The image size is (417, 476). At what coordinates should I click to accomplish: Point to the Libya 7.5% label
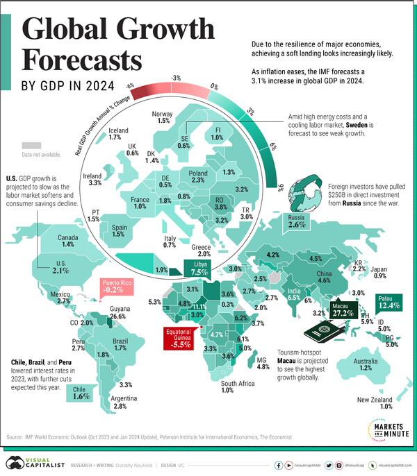199,267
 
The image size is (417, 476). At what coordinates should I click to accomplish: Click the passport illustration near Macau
324,338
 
